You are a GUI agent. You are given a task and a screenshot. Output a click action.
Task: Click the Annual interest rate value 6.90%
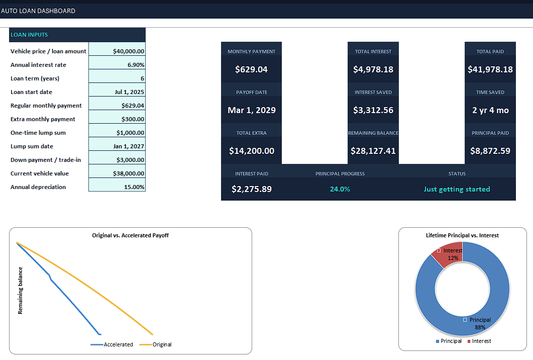point(136,65)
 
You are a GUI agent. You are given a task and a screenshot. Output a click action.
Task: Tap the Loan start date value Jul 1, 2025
point(129,92)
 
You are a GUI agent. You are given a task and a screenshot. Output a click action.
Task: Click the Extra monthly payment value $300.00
point(133,119)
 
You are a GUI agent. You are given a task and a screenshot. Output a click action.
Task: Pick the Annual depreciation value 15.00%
point(134,187)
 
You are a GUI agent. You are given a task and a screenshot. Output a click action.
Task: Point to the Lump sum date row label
point(32,146)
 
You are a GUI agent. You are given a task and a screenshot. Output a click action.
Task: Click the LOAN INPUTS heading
point(29,35)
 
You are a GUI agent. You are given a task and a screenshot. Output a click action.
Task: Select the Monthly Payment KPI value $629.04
point(252,69)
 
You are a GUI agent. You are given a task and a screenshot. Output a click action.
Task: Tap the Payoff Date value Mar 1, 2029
point(252,110)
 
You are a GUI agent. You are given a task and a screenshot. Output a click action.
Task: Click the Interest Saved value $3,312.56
point(373,110)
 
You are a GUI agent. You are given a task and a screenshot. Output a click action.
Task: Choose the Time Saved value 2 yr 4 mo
point(490,110)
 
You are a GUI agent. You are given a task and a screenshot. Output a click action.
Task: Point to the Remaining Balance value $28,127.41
point(373,151)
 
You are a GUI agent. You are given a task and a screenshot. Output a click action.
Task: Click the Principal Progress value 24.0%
point(340,189)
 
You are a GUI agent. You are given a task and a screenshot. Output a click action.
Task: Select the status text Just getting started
point(457,189)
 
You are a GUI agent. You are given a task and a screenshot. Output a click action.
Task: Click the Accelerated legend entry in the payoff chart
point(112,344)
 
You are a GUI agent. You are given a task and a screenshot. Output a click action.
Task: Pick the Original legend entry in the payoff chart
point(156,344)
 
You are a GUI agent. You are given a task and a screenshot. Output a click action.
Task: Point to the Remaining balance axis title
point(21,291)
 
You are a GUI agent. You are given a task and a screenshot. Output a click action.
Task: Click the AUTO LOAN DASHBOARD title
point(38,11)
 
